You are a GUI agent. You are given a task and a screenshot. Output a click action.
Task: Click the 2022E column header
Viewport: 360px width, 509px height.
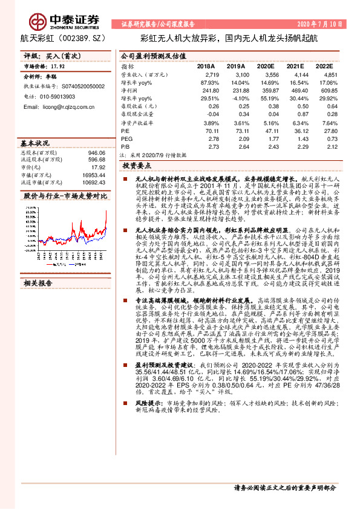click(324, 66)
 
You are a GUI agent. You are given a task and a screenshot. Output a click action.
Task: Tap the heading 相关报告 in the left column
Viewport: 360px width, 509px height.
click(38, 249)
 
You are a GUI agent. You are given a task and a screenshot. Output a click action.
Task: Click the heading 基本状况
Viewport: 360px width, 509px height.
click(35, 144)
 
